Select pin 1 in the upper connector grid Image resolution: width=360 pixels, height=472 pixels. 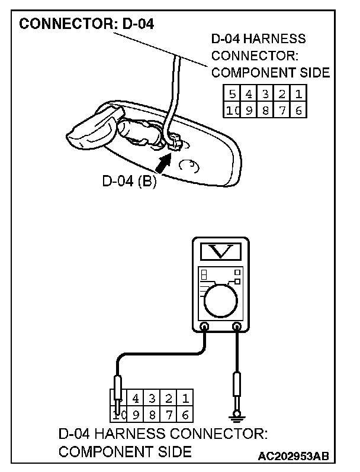(299, 94)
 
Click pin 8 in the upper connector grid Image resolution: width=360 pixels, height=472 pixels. (265, 110)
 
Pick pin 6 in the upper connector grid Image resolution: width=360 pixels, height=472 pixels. (299, 110)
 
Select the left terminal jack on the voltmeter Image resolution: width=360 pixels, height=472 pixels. (205, 326)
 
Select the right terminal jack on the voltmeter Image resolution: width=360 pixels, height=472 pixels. (237, 326)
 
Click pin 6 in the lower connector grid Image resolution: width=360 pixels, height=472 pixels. (185, 414)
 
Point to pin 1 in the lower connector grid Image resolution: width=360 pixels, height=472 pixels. (185, 397)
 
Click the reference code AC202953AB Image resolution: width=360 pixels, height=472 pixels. (294, 457)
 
